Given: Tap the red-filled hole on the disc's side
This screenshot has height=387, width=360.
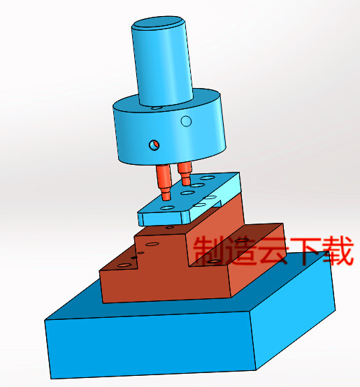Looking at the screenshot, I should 154,145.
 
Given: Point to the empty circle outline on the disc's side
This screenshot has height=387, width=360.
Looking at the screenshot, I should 186,122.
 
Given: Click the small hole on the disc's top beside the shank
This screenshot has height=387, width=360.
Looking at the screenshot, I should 158,108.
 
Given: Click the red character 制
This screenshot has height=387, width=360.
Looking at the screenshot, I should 209,251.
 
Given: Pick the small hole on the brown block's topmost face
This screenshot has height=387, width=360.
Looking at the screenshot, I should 168,226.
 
